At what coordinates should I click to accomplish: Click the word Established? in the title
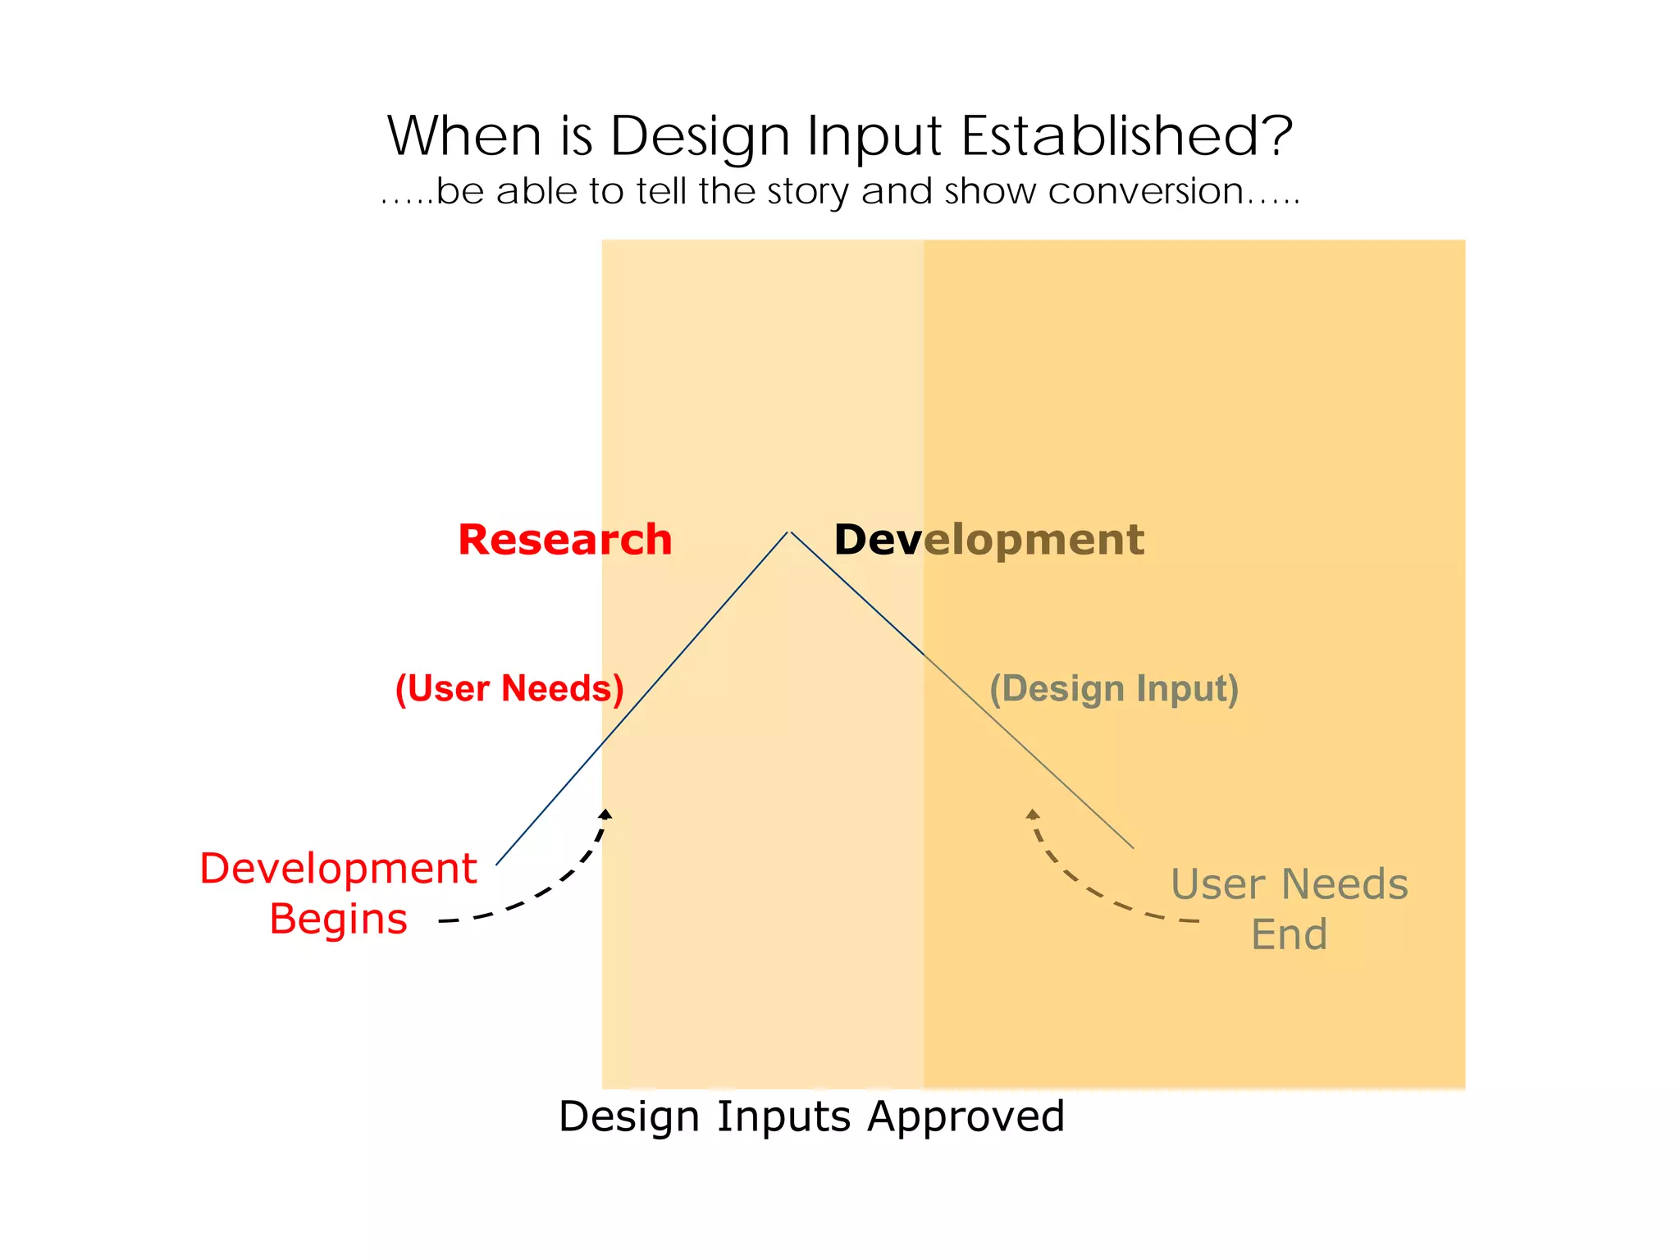[1126, 135]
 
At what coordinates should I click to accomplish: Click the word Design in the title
[700, 137]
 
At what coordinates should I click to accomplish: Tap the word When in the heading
[464, 135]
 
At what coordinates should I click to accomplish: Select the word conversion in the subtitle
[1145, 191]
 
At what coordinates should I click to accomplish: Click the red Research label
[564, 540]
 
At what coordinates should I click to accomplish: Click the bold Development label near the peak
[988, 540]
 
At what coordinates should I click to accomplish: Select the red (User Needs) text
[509, 688]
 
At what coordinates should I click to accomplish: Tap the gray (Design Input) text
[1113, 689]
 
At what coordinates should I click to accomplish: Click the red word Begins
[338, 919]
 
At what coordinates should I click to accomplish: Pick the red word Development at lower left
[338, 868]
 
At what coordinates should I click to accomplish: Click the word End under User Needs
[1289, 934]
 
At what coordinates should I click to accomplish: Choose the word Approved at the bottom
[966, 1116]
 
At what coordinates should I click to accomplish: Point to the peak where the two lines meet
[789, 532]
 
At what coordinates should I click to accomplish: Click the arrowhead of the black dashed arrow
[605, 814]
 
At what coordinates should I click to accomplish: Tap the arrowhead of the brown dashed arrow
[1033, 814]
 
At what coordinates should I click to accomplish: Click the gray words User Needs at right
[1289, 884]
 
